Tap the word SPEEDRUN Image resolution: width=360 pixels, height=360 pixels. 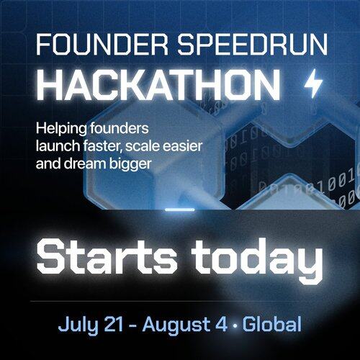pos(252,45)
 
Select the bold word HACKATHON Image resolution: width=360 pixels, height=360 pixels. pos(158,84)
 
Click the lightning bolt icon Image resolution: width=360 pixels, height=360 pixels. pos(313,83)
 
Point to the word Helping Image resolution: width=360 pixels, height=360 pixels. pos(61,129)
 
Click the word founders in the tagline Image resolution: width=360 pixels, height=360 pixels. pos(120,128)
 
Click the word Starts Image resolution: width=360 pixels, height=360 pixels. pos(107,256)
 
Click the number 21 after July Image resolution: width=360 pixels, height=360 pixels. pos(113,325)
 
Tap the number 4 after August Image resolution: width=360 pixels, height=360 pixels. pos(221,325)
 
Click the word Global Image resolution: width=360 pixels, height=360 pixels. pos(272,324)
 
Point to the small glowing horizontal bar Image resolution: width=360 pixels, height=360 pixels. pos(180,210)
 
